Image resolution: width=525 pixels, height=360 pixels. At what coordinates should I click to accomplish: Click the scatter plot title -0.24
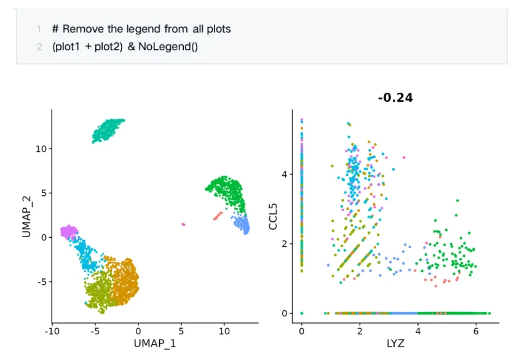click(395, 97)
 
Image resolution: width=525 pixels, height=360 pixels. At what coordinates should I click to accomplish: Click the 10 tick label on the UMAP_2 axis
click(40, 149)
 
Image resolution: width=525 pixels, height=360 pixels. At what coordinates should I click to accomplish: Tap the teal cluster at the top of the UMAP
click(108, 130)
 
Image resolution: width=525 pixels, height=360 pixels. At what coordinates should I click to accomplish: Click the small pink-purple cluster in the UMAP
click(68, 232)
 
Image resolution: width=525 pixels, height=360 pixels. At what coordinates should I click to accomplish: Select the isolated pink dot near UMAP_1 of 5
click(183, 224)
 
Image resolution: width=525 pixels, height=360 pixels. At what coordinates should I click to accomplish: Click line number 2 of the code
click(39, 47)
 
